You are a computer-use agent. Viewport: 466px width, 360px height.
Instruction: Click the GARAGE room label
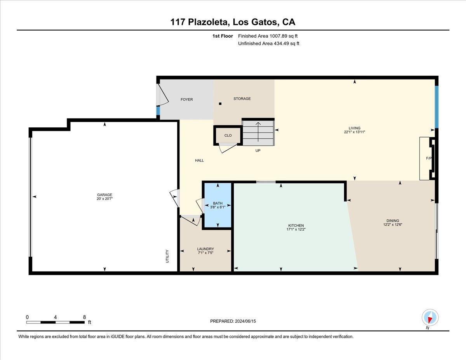[104, 195]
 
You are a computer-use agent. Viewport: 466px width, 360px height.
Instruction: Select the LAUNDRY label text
[205, 249]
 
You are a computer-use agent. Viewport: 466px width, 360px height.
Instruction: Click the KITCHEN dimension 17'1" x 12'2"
[296, 230]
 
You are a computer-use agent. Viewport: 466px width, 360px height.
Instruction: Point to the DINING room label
[393, 221]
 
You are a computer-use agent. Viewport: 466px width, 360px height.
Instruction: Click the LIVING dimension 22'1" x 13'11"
[354, 132]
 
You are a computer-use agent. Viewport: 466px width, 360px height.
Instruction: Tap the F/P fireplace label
[429, 158]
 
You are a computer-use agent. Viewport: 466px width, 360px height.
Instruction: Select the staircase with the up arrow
[258, 132]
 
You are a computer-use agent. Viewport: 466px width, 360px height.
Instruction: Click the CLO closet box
[228, 136]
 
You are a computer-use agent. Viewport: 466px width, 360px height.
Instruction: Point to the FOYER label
[187, 99]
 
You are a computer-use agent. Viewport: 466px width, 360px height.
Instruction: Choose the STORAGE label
[242, 99]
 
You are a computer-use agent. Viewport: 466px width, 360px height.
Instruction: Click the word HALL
[199, 160]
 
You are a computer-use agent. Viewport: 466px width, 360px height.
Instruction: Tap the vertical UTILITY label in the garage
[168, 256]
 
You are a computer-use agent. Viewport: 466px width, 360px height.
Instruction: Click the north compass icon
[430, 317]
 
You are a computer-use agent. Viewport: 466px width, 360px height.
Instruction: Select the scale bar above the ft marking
[56, 322]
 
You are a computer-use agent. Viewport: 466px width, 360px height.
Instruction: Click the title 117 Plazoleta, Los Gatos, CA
[233, 22]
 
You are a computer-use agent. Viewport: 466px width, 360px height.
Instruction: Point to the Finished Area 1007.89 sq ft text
[268, 36]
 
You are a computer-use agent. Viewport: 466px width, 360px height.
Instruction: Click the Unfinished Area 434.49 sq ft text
[268, 43]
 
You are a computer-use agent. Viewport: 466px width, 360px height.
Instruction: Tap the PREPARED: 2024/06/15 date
[233, 321]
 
